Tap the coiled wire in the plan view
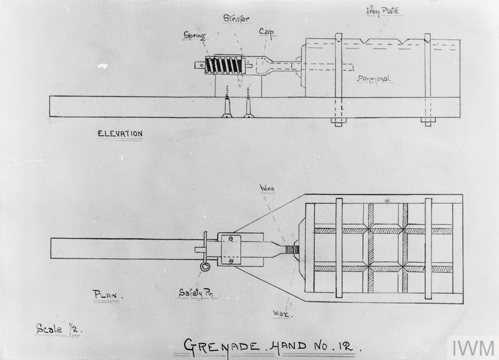(x=292, y=250)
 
